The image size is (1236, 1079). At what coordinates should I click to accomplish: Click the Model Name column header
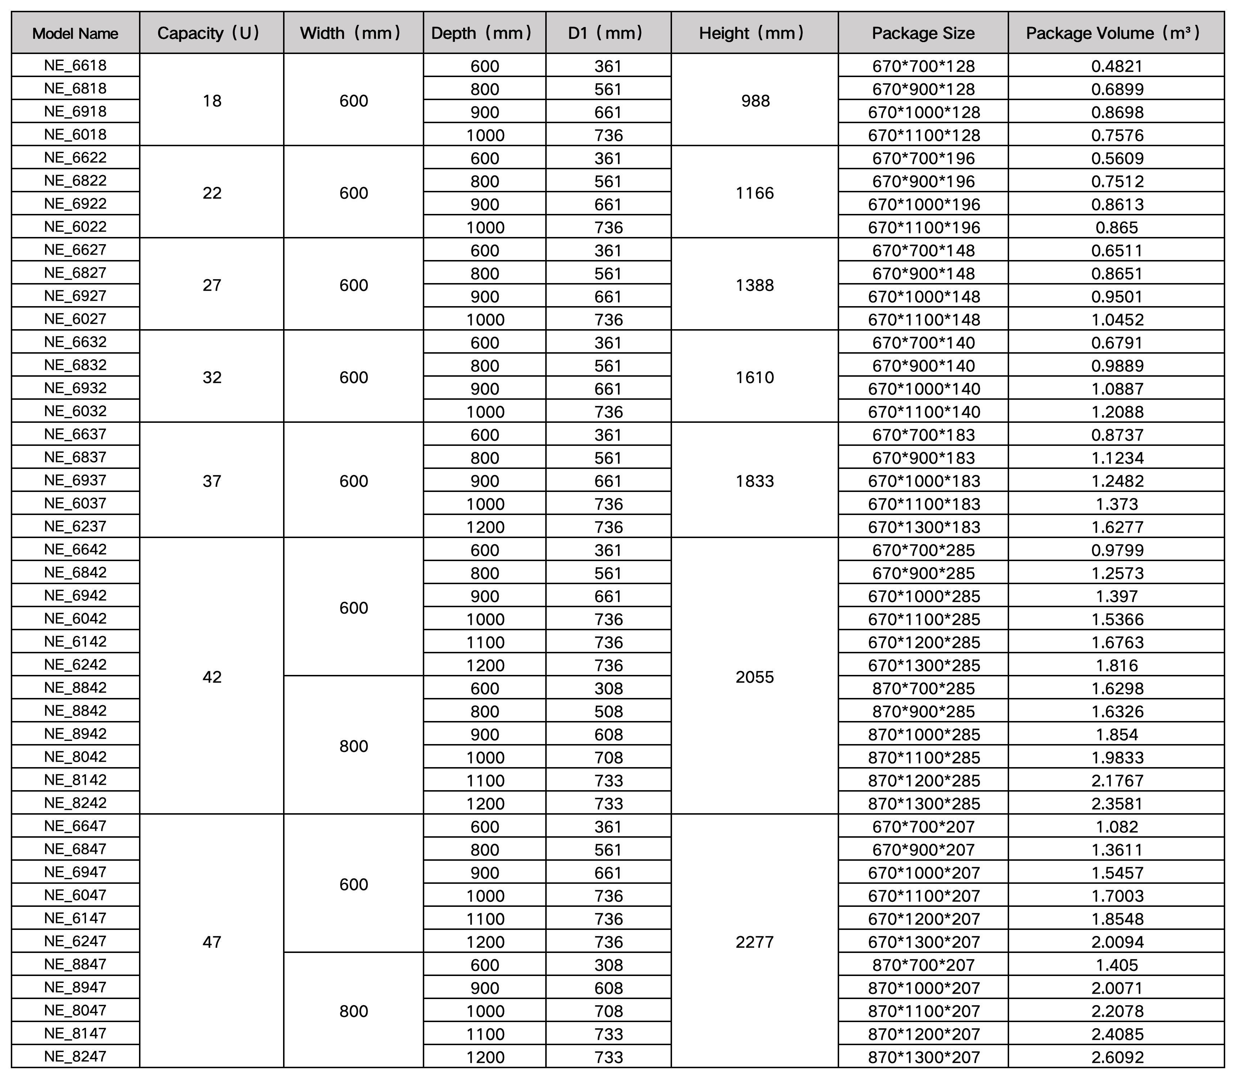click(x=75, y=33)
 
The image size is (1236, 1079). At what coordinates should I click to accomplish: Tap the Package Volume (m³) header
click(x=1116, y=33)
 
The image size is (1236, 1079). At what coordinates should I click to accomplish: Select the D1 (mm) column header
click(x=608, y=33)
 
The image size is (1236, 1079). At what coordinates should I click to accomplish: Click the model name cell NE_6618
click(x=75, y=65)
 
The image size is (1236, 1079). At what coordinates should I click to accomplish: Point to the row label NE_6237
click(x=75, y=526)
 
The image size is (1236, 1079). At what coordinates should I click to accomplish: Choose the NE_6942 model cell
click(x=75, y=595)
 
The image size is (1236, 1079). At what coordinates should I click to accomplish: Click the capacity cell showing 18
click(x=212, y=100)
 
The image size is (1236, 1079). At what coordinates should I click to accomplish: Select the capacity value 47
click(x=212, y=942)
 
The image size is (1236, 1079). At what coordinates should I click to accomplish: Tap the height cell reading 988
click(x=755, y=100)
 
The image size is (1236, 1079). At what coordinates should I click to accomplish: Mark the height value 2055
click(x=755, y=677)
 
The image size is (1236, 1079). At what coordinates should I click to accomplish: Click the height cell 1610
click(x=755, y=377)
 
